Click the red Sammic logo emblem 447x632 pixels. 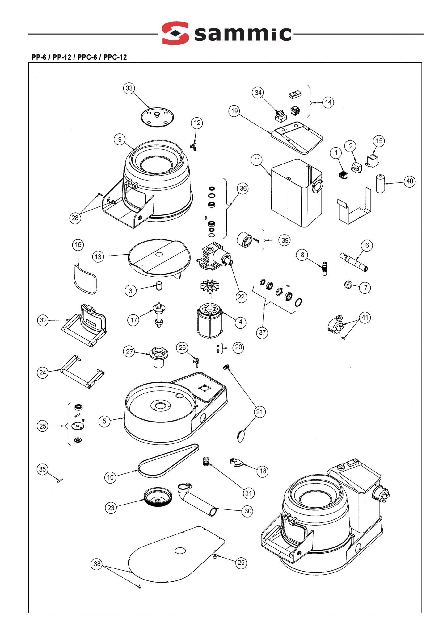[175, 33]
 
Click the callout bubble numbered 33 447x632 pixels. [129, 88]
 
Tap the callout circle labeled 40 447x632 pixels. [410, 181]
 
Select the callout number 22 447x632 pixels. [241, 297]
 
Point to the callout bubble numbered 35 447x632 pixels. [43, 469]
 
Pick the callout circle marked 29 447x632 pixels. [241, 563]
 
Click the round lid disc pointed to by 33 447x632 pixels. [157, 117]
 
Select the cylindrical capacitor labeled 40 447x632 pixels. [380, 184]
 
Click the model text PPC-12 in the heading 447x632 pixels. [115, 57]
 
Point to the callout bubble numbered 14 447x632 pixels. [328, 102]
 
